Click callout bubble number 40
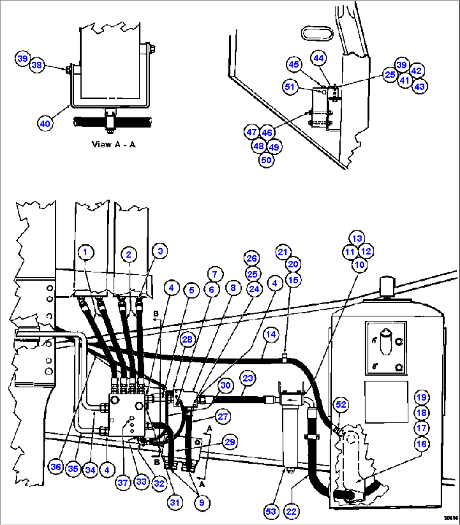coord(45,124)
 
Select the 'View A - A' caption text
coord(114,144)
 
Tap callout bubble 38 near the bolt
coord(37,65)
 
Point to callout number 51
coord(290,87)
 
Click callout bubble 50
coord(266,160)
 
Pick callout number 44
coord(319,58)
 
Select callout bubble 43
coord(419,87)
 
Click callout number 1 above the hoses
coord(86,253)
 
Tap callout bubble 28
coord(187,340)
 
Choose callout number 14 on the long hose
coord(271,335)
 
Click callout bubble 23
coord(248,378)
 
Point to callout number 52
coord(341,405)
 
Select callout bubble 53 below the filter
coord(271,511)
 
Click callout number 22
coord(292,511)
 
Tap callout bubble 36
coord(56,467)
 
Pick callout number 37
coord(123,482)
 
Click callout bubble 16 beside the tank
coord(421,444)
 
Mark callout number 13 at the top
coord(357,238)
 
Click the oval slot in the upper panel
coord(317,33)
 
